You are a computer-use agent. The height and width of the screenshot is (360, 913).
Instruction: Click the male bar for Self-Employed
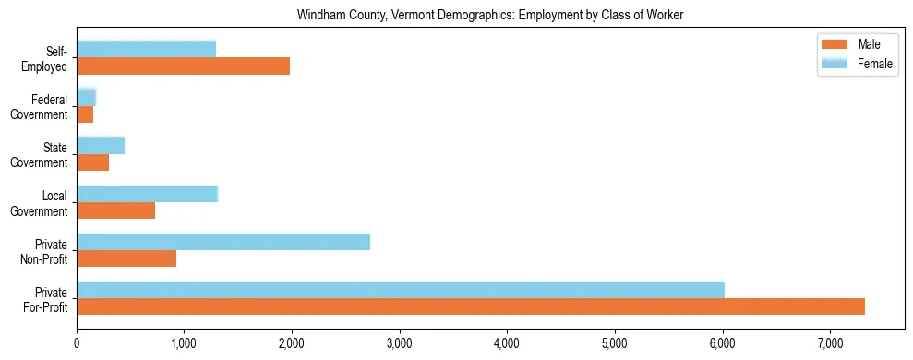point(183,66)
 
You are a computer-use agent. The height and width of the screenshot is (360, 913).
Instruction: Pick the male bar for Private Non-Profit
point(126,258)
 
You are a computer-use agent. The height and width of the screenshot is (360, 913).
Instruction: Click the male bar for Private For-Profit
point(471,306)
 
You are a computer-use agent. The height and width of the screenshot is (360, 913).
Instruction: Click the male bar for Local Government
point(115,210)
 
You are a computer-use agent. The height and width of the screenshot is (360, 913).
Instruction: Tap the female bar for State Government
point(101,146)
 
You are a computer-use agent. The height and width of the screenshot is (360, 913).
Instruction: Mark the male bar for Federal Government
point(85,114)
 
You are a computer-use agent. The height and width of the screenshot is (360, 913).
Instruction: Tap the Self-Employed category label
point(50,58)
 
